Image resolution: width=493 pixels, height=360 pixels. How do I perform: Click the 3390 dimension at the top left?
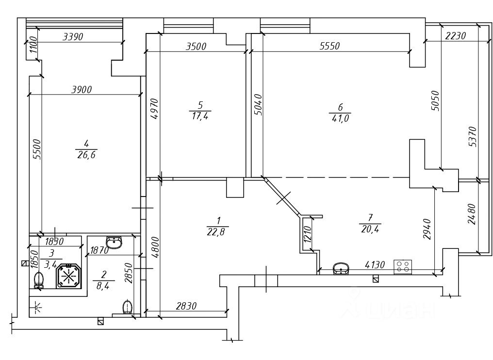73,37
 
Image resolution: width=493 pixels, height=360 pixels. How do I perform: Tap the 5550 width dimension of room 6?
330,46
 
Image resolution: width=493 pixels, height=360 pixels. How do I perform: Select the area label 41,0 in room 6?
340,118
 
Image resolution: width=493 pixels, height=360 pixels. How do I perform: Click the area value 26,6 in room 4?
86,155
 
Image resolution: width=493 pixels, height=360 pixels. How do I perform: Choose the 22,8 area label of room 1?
218,232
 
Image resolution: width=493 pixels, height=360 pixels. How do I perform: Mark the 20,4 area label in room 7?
370,229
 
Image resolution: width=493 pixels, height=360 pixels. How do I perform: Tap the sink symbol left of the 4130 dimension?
341,269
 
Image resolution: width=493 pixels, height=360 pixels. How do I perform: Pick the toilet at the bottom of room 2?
127,307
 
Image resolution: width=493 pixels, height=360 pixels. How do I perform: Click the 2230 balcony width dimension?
456,36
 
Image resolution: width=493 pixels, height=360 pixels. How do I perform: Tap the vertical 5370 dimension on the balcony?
473,136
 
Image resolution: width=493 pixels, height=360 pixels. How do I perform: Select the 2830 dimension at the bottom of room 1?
186,306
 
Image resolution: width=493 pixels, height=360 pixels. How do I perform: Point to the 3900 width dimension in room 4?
82,90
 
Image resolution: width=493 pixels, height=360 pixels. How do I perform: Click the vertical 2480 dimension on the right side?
472,214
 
